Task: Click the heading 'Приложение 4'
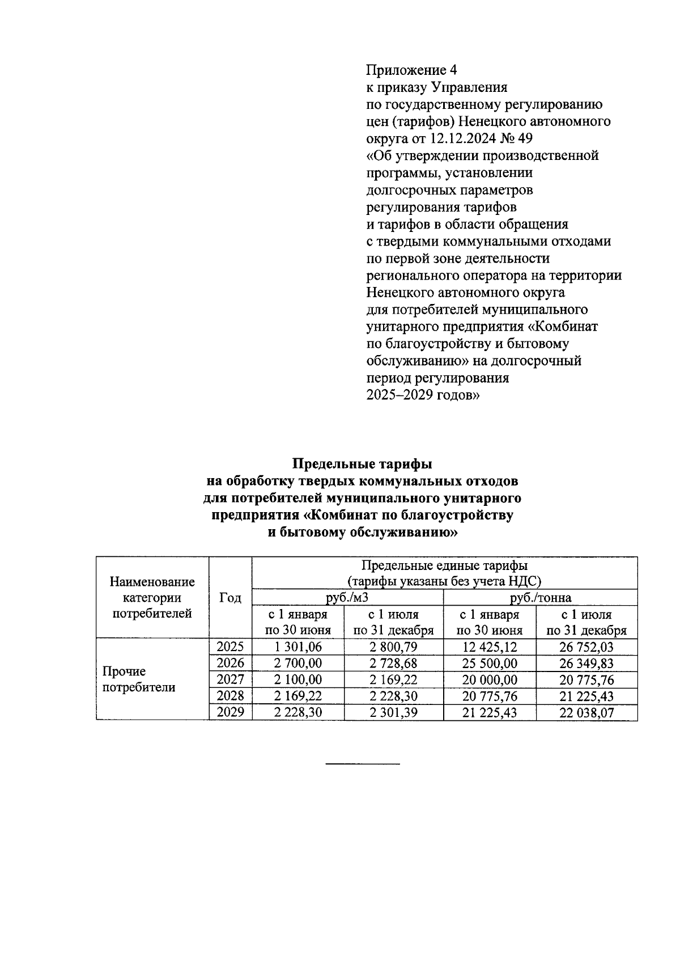coord(411,70)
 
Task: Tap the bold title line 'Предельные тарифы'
coord(362,464)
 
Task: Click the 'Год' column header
coord(230,598)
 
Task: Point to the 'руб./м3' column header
coord(347,598)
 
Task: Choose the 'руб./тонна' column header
coord(540,598)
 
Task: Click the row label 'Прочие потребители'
coord(139,679)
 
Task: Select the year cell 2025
coord(230,647)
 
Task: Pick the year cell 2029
coord(230,712)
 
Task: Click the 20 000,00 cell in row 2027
coord(490,680)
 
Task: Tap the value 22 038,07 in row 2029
coord(586,713)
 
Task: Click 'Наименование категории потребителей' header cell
coord(152,598)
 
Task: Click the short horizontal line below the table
coord(363,764)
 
